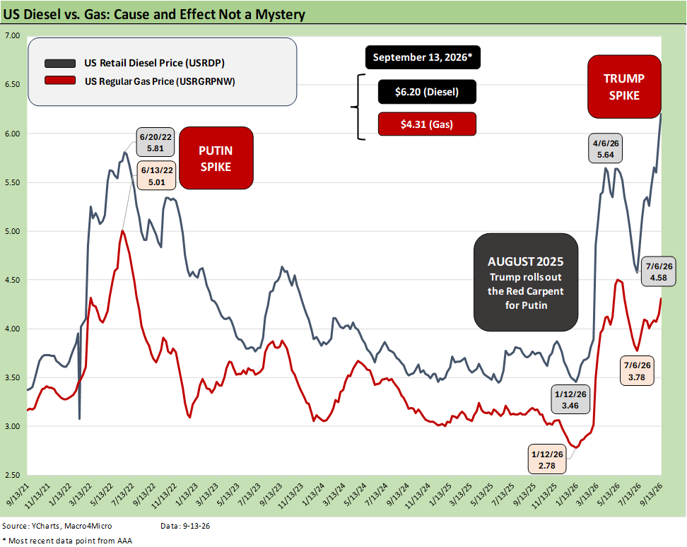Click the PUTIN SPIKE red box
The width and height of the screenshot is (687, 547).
[216, 158]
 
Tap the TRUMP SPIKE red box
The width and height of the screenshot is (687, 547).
[624, 87]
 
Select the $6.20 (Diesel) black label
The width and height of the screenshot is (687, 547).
[427, 92]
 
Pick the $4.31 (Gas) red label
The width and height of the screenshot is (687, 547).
[427, 124]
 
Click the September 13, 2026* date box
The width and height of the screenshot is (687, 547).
[423, 57]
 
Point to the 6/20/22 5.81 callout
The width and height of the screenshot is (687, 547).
[155, 142]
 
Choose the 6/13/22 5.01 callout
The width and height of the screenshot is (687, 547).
[156, 175]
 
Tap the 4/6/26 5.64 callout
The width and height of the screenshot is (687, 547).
[606, 148]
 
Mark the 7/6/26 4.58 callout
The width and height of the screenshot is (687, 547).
[658, 272]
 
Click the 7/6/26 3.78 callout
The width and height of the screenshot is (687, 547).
[637, 371]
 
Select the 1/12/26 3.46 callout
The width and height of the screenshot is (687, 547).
[570, 399]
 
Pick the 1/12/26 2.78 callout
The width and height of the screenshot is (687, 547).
[547, 459]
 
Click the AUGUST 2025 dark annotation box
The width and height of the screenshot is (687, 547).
[526, 283]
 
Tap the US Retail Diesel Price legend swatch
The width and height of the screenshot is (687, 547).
[60, 64]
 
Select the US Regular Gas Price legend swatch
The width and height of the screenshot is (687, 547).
[60, 81]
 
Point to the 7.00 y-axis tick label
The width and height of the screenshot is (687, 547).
[12, 35]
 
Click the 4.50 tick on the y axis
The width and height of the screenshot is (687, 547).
[12, 280]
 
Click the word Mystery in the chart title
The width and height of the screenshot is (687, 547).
[281, 14]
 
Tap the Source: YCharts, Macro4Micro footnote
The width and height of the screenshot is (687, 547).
[57, 526]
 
